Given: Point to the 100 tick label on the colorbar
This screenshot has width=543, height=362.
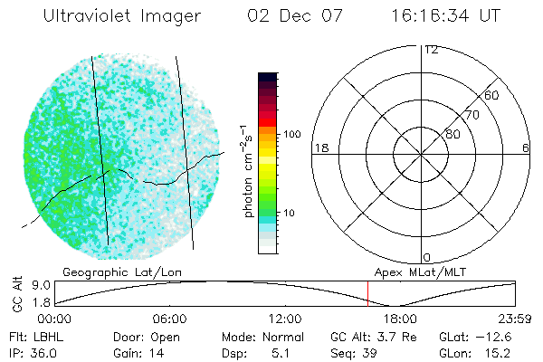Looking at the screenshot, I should pyautogui.click(x=291, y=134).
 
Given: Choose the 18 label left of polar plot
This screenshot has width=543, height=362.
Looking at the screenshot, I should pyautogui.click(x=319, y=148).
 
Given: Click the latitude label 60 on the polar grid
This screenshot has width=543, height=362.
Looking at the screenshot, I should pyautogui.click(x=492, y=95).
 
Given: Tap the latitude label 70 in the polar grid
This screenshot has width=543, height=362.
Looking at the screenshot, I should pyautogui.click(x=472, y=115).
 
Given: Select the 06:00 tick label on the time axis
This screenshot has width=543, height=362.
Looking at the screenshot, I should pyautogui.click(x=170, y=319).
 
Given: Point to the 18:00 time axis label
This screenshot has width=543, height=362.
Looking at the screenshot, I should pyautogui.click(x=400, y=319).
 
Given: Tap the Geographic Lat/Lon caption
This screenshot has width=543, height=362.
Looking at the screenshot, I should pyautogui.click(x=108, y=271).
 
